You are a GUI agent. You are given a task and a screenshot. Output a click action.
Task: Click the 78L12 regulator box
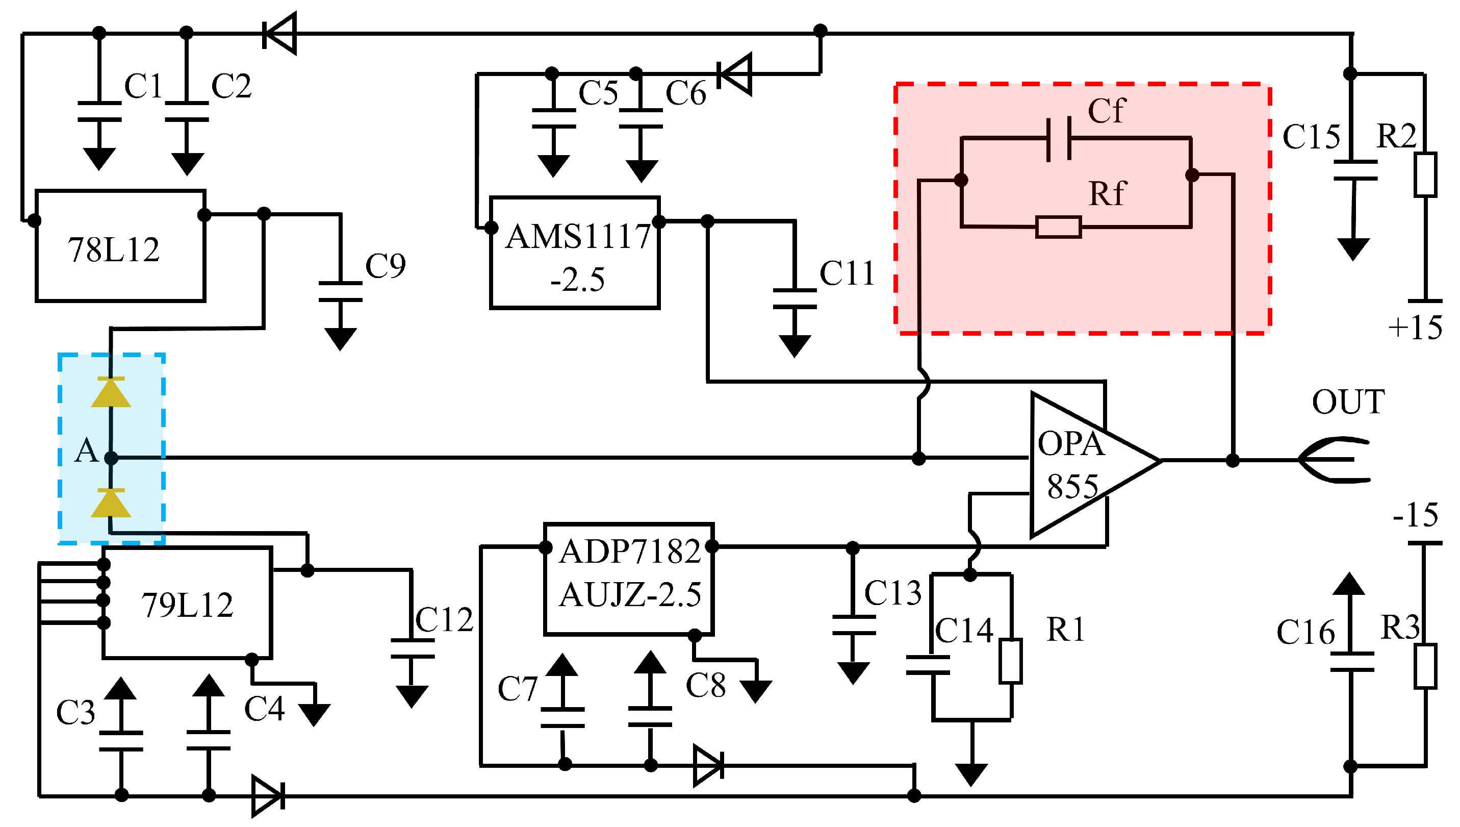point(120,246)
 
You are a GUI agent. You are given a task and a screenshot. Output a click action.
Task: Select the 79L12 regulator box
point(187,603)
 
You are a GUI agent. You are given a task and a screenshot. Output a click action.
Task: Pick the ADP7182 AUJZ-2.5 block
point(628,579)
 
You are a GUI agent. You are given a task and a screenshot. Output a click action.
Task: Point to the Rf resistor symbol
point(1058,227)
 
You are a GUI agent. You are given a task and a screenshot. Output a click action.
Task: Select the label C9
point(386,266)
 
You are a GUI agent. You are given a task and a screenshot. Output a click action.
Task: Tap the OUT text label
point(1348,402)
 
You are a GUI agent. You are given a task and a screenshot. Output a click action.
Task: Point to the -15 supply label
point(1415,515)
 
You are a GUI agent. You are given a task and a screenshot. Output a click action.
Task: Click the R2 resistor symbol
point(1425,174)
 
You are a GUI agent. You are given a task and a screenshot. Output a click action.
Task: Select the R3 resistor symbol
point(1425,666)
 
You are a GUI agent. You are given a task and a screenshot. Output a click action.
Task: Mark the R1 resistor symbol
point(1010,661)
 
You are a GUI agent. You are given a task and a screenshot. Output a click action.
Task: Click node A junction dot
point(111,458)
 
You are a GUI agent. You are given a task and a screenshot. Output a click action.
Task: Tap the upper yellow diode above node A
point(111,392)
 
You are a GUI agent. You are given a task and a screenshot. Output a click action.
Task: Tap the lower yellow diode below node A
point(111,503)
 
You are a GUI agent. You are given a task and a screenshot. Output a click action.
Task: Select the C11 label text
point(847,274)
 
